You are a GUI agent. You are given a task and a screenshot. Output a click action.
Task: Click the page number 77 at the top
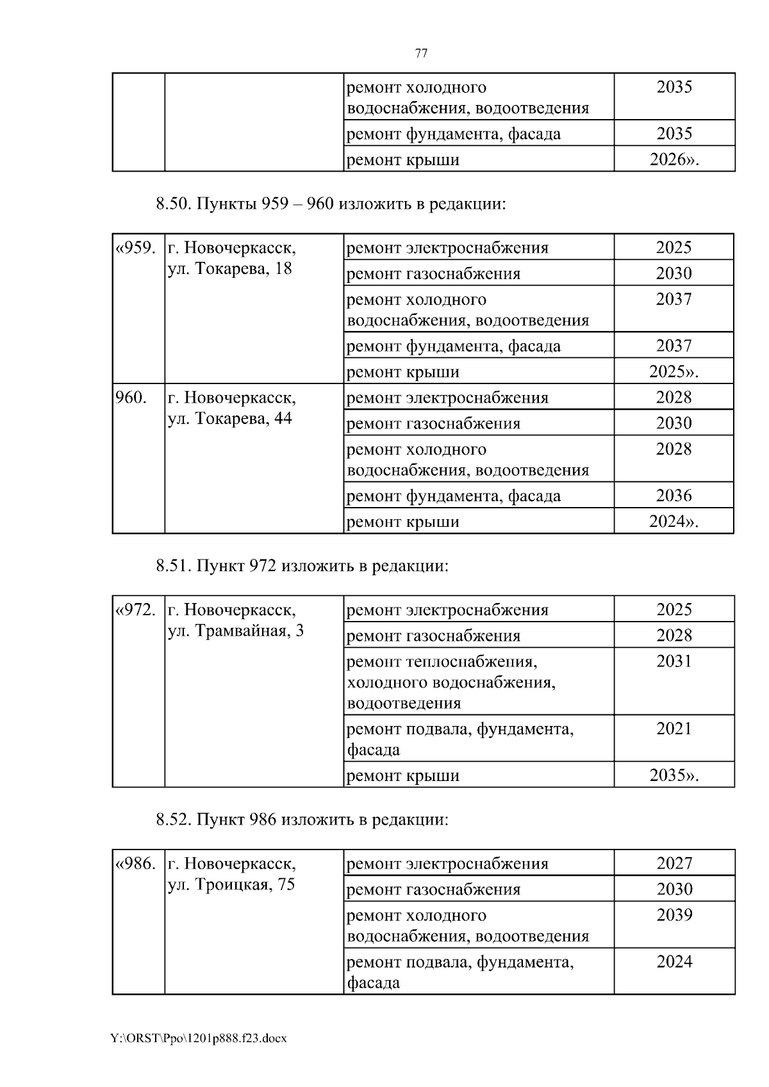pyautogui.click(x=421, y=54)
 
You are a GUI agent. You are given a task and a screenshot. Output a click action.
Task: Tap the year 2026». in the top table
pyautogui.click(x=674, y=159)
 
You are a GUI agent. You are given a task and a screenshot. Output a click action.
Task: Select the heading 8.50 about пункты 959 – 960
pyautogui.click(x=331, y=204)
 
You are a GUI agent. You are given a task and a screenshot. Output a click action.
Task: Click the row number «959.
pyautogui.click(x=135, y=248)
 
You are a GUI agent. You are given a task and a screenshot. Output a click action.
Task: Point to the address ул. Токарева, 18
pyautogui.click(x=229, y=269)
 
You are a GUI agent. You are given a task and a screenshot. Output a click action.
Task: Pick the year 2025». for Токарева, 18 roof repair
pyautogui.click(x=674, y=372)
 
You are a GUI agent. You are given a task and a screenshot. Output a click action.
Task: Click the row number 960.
pyautogui.click(x=131, y=398)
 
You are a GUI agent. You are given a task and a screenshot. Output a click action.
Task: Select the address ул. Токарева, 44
pyautogui.click(x=229, y=419)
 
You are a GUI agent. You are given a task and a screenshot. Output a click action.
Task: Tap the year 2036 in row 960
pyautogui.click(x=674, y=495)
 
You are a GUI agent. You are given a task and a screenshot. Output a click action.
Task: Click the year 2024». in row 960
pyautogui.click(x=674, y=522)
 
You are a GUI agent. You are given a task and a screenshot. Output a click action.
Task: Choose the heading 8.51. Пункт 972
pyautogui.click(x=301, y=566)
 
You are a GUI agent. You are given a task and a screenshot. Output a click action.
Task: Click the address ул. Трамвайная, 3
pyautogui.click(x=235, y=631)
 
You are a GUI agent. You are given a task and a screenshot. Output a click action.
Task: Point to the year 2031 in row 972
pyautogui.click(x=674, y=661)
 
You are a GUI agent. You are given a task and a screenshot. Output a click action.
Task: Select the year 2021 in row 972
pyautogui.click(x=674, y=729)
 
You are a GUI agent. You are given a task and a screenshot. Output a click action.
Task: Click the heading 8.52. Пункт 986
pyautogui.click(x=301, y=819)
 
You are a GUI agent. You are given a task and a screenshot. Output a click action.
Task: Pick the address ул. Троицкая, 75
pyautogui.click(x=231, y=885)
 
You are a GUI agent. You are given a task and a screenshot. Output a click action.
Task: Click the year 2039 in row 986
pyautogui.click(x=674, y=915)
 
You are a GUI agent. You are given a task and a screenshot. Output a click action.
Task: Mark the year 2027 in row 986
pyautogui.click(x=674, y=864)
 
